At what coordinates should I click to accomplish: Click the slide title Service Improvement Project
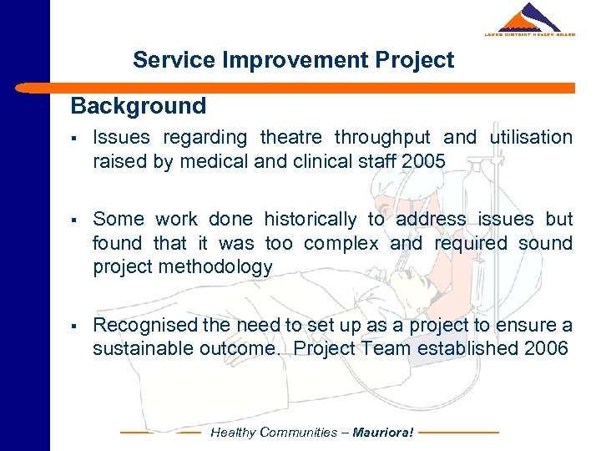click(x=293, y=60)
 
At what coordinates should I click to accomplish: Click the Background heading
click(x=138, y=106)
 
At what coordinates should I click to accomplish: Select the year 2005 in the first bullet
click(x=422, y=161)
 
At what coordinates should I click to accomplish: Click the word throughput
click(x=381, y=137)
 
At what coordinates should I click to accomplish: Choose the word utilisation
click(x=532, y=137)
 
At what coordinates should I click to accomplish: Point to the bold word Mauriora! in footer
click(x=382, y=433)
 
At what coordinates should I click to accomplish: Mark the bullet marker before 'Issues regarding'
click(x=75, y=138)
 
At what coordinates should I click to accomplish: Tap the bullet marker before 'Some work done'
click(x=75, y=220)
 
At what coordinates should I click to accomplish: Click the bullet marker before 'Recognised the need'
click(x=75, y=326)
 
